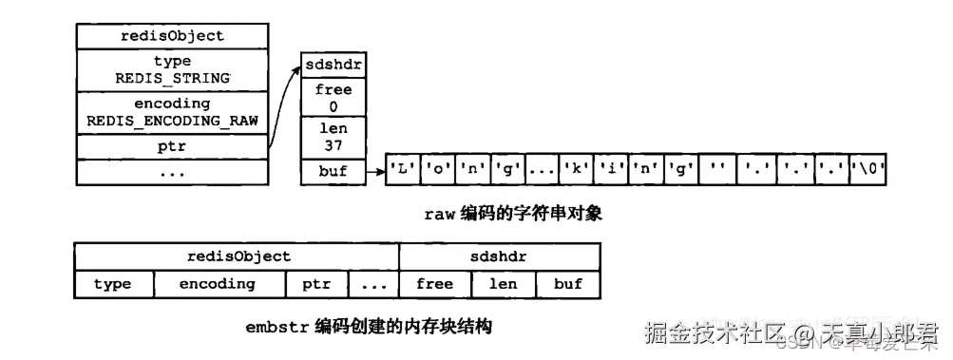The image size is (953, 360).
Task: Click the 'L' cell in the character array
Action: [x=400, y=171]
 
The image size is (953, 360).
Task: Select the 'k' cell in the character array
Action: [x=574, y=171]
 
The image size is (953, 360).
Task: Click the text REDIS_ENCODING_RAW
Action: [x=172, y=121]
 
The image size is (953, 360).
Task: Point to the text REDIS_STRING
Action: [x=172, y=78]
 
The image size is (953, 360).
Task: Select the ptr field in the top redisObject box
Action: [x=172, y=147]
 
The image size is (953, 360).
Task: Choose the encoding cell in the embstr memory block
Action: [x=218, y=284]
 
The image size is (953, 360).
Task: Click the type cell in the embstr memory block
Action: [x=112, y=284]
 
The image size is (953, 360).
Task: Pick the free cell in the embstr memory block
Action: [x=434, y=284]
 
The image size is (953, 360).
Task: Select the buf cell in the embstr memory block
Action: [x=567, y=284]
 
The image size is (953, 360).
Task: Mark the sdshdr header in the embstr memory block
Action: [x=500, y=256]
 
